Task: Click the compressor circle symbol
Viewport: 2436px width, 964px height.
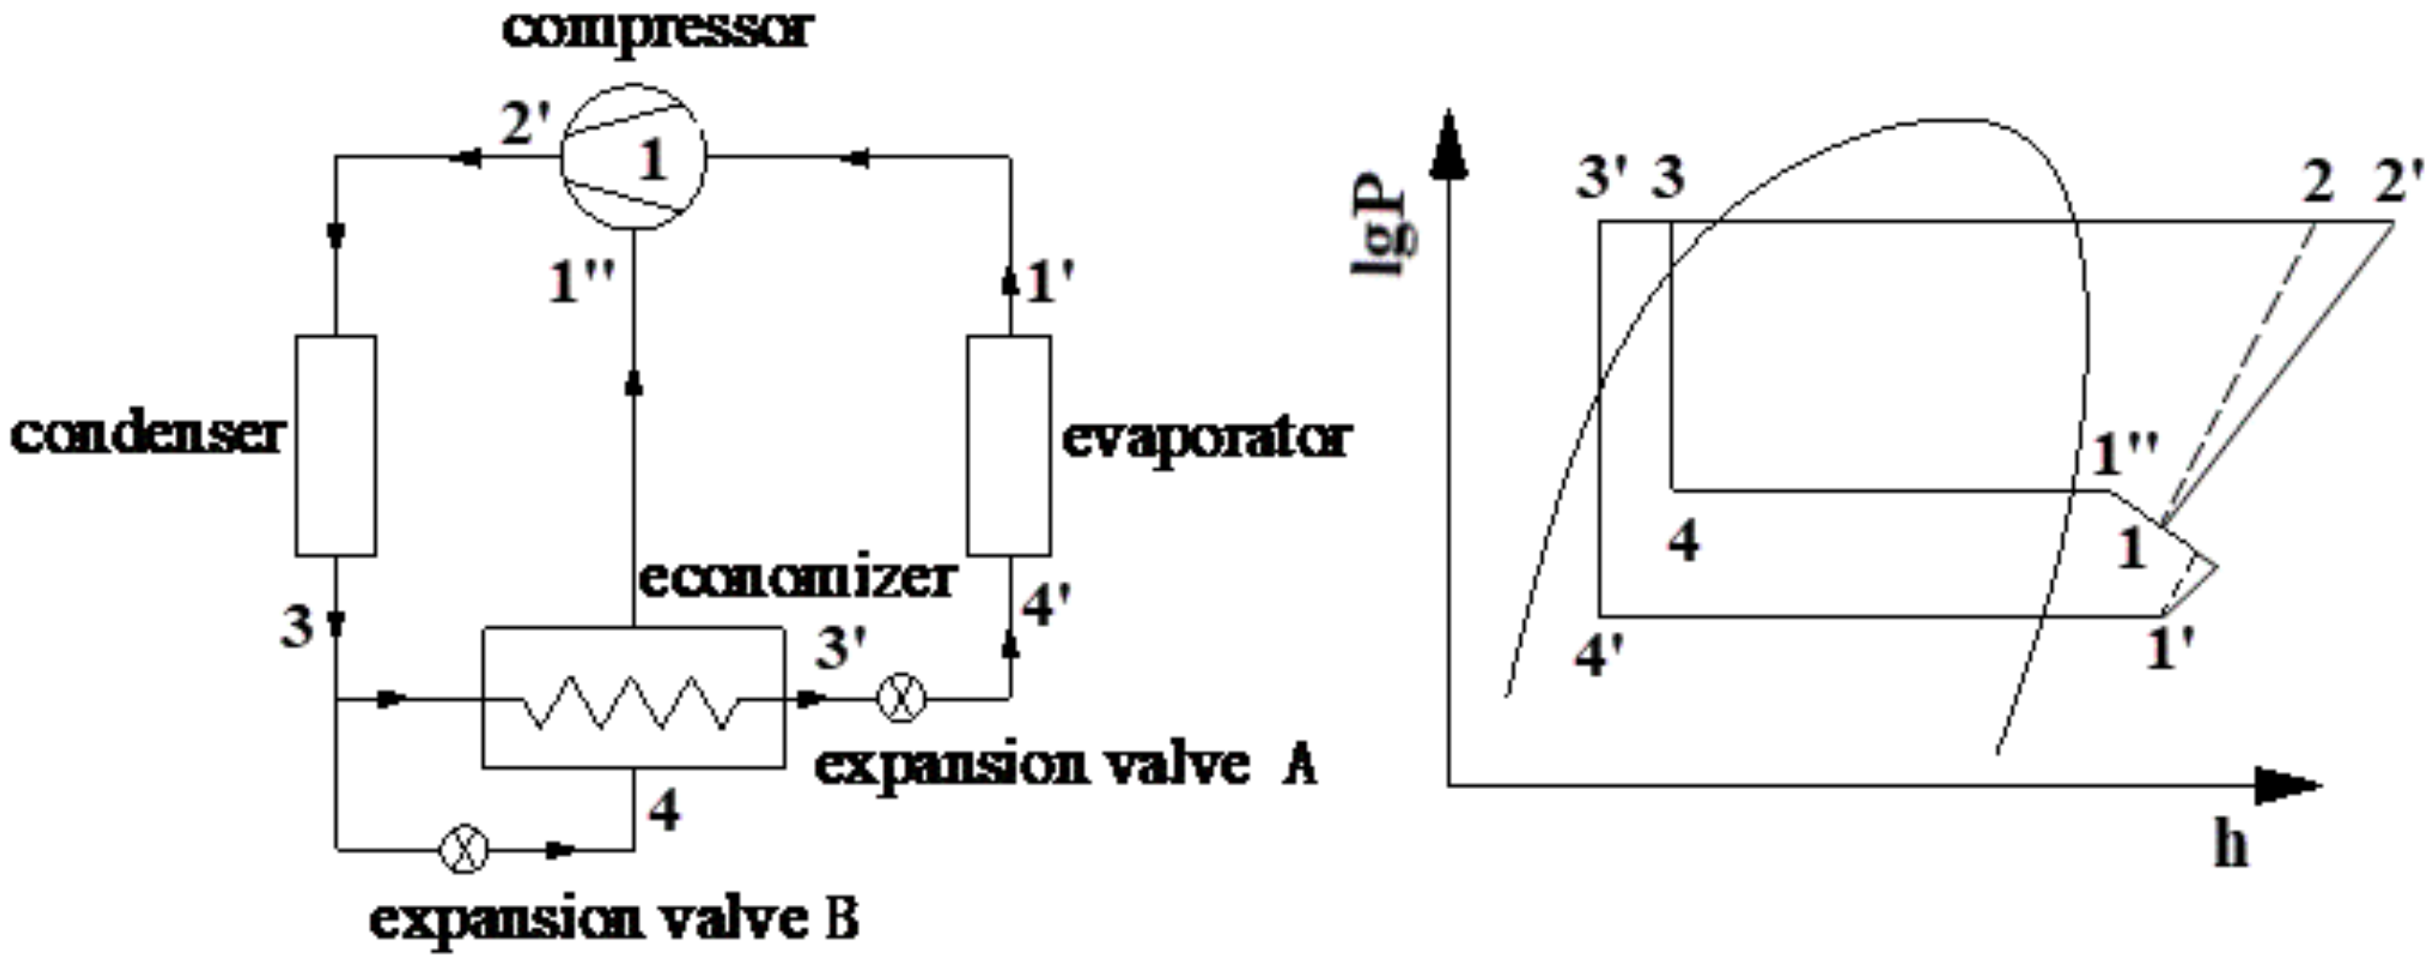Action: click(631, 157)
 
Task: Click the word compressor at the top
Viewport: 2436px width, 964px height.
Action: click(658, 30)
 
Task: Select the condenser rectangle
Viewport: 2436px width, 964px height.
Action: click(336, 445)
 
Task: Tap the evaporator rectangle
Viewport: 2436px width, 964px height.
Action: click(1009, 445)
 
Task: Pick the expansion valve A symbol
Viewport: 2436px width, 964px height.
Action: click(901, 700)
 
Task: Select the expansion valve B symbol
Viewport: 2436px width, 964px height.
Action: click(464, 850)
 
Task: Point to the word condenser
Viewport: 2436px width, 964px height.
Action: click(147, 435)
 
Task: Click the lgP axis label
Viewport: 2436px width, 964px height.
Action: click(1384, 233)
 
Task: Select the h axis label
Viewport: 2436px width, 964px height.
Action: click(2230, 845)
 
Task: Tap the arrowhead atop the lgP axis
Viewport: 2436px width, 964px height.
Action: click(1448, 142)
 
